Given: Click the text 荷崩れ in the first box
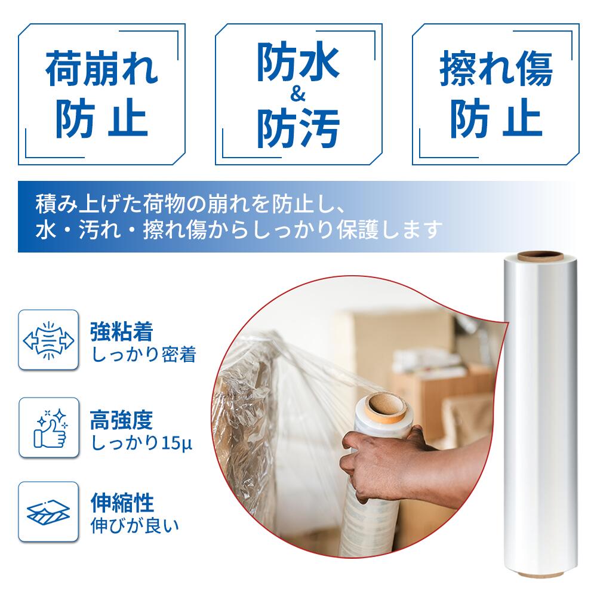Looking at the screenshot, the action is click(101, 69).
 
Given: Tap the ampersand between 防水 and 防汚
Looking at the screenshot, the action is click(298, 94).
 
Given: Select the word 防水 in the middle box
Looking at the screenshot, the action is click(298, 61).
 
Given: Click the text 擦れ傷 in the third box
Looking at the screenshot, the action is click(496, 69).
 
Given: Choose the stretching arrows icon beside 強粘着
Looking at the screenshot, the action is click(48, 340).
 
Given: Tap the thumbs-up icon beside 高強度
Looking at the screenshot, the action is click(50, 428).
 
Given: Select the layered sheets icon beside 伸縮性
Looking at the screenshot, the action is click(48, 512).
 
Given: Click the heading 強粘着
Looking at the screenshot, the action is click(121, 331).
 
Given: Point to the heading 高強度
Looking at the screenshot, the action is click(121, 420).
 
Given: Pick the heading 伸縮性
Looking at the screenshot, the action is click(122, 503).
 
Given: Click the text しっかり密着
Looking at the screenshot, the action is click(144, 355).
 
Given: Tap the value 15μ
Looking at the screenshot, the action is click(177, 443).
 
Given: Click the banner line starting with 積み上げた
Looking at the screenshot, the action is click(190, 204).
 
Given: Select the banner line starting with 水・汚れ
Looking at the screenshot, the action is click(239, 230).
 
